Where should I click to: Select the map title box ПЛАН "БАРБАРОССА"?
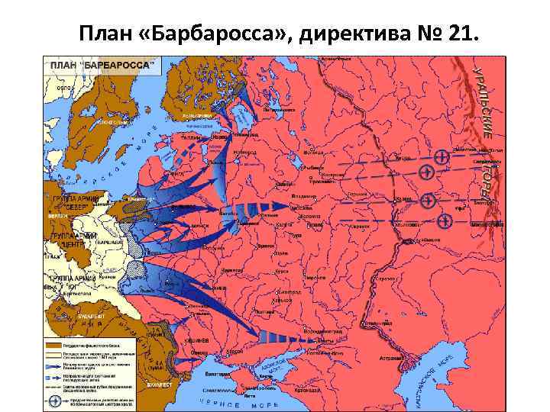pyautogui.click(x=102, y=66)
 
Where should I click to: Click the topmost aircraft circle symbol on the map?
pyautogui.click(x=442, y=156)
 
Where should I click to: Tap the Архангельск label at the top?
pyautogui.click(x=336, y=59)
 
